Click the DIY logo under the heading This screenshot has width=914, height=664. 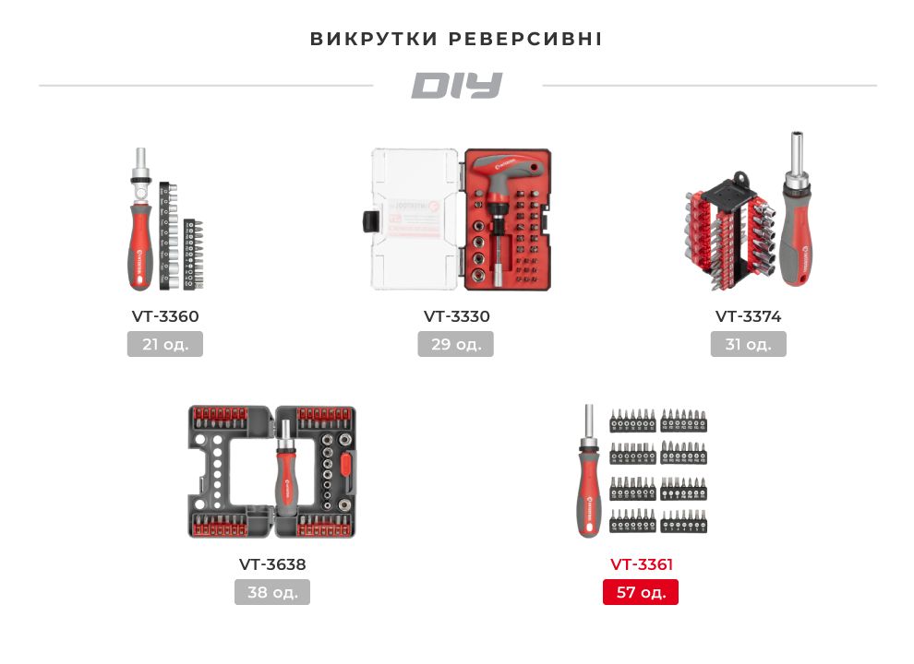[456, 86]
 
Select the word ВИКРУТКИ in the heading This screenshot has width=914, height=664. [373, 40]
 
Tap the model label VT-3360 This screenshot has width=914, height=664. [165, 316]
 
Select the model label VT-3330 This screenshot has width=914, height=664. [457, 316]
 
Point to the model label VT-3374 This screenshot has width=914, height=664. [749, 316]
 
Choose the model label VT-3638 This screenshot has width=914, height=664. [272, 564]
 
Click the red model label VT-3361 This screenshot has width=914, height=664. [642, 564]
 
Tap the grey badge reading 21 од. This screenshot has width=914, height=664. [165, 344]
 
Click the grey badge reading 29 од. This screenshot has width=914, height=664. [456, 344]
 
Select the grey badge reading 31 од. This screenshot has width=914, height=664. [749, 344]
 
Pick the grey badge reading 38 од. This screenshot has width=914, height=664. [272, 592]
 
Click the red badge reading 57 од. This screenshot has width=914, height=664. [641, 592]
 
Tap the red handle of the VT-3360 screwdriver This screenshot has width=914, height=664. [139, 244]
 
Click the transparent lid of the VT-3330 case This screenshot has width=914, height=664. [415, 219]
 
